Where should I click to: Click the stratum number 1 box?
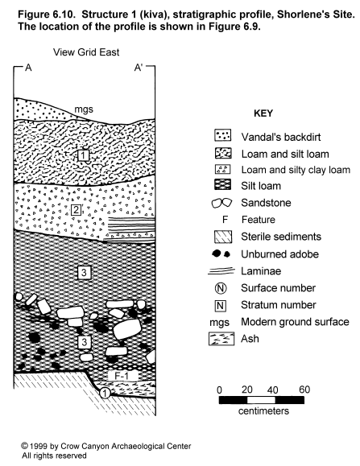click(84, 155)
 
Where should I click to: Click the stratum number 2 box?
click(77, 210)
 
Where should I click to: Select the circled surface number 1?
click(105, 394)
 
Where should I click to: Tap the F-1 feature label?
click(122, 376)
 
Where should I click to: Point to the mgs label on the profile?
click(84, 109)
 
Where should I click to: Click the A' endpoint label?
click(139, 68)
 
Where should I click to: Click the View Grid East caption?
click(86, 52)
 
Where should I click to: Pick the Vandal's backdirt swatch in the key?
click(222, 135)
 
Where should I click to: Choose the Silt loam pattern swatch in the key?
click(222, 185)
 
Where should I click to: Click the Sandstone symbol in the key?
click(221, 203)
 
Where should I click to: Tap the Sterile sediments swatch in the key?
click(222, 237)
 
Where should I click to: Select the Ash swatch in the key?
click(221, 339)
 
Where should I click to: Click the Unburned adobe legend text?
click(279, 254)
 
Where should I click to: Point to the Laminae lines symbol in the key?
click(221, 271)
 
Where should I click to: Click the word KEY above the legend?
click(263, 113)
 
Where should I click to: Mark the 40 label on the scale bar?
click(272, 390)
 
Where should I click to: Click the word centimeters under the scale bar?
click(263, 411)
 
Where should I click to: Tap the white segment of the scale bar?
click(261, 400)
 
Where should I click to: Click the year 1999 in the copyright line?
click(38, 447)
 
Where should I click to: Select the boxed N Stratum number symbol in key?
click(221, 306)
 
